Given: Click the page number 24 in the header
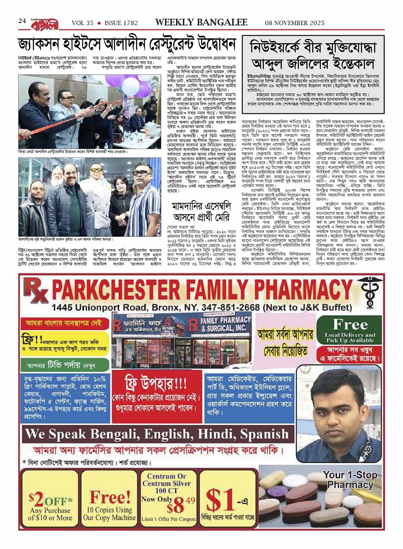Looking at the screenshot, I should (22, 21).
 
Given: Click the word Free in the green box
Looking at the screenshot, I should (350, 325).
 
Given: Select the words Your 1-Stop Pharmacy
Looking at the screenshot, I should (350, 480).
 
